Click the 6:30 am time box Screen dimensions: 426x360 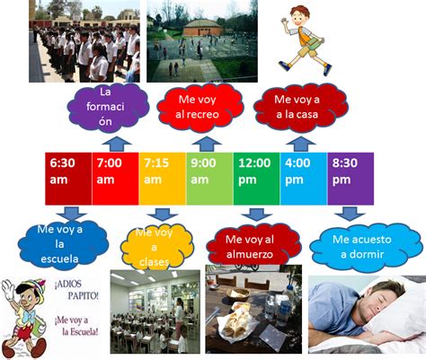coord(68,179)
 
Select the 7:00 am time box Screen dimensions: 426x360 coord(115,179)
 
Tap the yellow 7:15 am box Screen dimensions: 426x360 coord(163,179)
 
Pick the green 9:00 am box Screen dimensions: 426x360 coord(209,179)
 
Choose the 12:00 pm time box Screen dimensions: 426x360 coord(257,179)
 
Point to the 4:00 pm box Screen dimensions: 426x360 coord(304,179)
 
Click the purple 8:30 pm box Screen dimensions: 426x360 coord(351,179)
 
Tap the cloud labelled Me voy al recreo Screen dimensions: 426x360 coord(200,108)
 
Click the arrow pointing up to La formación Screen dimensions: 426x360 coord(117,144)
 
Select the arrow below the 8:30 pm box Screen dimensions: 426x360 coord(350,214)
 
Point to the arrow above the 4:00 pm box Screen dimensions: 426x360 coord(300,144)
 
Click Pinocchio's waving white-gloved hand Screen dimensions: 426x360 coord(8,290)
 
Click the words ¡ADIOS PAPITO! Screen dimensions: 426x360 coord(76,291)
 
